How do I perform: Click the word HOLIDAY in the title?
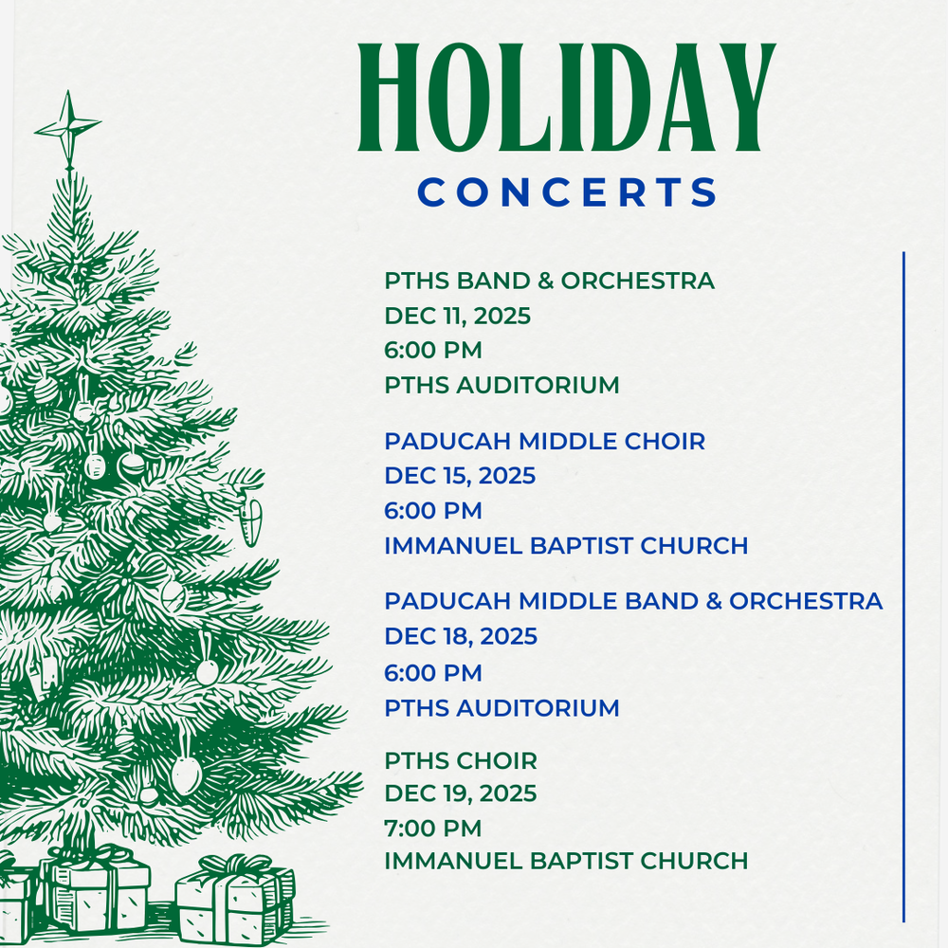pos(567,99)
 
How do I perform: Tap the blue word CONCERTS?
pos(568,192)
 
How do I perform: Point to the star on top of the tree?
pos(67,127)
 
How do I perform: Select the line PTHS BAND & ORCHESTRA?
pos(549,281)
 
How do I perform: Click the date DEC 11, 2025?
pos(457,316)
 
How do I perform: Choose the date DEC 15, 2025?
pos(460,476)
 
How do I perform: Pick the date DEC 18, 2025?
pos(461,636)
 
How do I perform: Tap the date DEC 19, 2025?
pos(460,793)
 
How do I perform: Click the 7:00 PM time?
pos(433,828)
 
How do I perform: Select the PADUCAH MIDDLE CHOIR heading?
pos(544,441)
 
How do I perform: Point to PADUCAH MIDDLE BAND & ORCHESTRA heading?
pos(633,601)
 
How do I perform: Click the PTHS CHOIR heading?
pos(461,760)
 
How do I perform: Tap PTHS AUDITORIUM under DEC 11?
pos(501,386)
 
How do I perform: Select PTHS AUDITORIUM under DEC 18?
pos(501,708)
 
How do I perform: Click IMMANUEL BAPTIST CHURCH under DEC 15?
pos(566,546)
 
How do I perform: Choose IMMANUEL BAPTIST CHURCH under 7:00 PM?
pos(566,861)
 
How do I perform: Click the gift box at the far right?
pos(234,897)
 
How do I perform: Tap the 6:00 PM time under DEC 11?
pos(433,351)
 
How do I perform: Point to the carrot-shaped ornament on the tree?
pos(250,520)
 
